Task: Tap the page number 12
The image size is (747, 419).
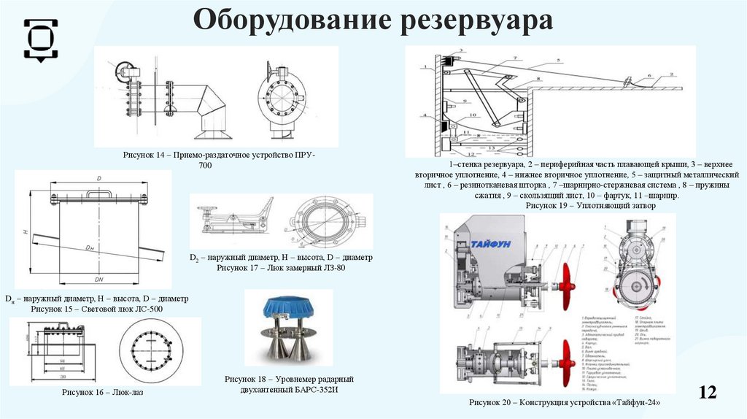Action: (x=707, y=392)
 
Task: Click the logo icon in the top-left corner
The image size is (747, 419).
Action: (x=41, y=36)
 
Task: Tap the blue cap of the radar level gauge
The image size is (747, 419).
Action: (x=288, y=307)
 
